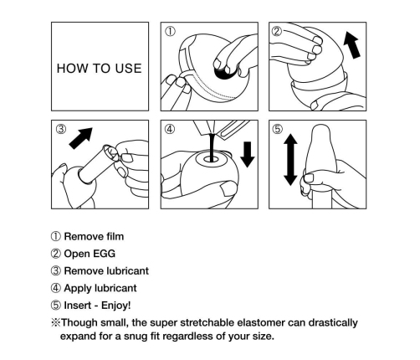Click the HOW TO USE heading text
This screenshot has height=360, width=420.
click(100, 69)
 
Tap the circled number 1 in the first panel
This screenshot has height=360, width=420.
click(171, 31)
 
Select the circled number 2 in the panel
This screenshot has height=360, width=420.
click(277, 31)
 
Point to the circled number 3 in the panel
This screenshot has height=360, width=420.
click(61, 129)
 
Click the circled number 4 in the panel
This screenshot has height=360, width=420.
click(170, 129)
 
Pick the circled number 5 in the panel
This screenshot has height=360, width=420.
click(278, 129)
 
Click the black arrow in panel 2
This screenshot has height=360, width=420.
click(351, 45)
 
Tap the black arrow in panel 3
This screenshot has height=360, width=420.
click(81, 138)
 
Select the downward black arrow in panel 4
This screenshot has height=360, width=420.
click(248, 154)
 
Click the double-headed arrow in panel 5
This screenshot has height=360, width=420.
click(290, 159)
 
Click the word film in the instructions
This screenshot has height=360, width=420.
click(115, 236)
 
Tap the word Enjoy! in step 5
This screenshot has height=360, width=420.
click(115, 306)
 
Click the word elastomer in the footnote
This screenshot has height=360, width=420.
click(261, 322)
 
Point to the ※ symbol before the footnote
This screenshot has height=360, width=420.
click(55, 322)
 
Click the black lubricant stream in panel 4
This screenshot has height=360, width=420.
click(212, 147)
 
